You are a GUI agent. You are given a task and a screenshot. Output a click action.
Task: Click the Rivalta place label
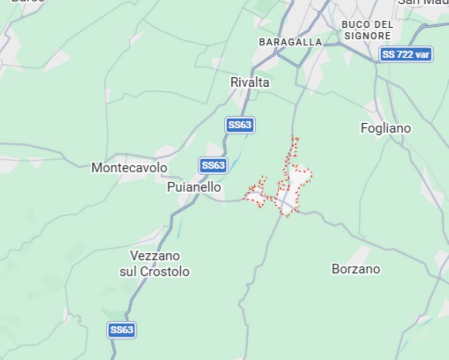coord(250,82)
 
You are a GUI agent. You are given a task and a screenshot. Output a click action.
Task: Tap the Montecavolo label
coord(129,167)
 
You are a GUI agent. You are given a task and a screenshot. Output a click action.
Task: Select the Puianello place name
coord(194,187)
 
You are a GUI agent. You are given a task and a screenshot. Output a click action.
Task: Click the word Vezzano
coord(155,256)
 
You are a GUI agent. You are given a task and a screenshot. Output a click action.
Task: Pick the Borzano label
coord(356,269)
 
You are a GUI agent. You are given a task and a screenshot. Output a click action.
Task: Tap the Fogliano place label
coord(386,128)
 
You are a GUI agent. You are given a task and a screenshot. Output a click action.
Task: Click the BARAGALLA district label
coord(290,42)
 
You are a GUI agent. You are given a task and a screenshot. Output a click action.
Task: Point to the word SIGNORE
coord(368,36)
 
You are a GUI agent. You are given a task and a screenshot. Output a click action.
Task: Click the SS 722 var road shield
coord(405,54)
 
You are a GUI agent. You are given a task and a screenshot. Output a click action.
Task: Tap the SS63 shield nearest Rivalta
coord(240,125)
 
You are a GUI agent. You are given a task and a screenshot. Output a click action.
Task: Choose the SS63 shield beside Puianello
coord(213,165)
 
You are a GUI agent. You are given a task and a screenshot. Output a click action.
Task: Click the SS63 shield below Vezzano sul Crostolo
coord(122,330)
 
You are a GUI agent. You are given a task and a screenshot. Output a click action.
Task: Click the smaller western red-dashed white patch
coord(255,197)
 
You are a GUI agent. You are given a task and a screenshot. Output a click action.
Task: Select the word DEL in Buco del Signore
coord(384,24)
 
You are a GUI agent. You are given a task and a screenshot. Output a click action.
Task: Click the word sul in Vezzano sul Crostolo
coord(129,271)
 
